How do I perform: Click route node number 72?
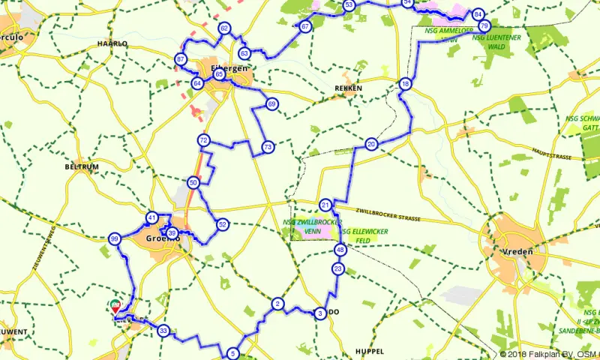coord(203,140)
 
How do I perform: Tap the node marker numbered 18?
coord(405,84)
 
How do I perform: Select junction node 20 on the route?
coord(371,144)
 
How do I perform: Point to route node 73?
coord(268,148)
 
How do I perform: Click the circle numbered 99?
coord(114,239)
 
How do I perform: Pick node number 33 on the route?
coord(163,330)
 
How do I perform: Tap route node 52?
coord(222,224)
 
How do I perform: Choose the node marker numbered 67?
coord(305,27)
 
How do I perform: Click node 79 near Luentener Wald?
coord(484,26)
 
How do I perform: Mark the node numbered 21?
coord(325,205)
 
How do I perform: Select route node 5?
coord(233,354)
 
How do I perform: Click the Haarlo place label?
coord(112,43)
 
